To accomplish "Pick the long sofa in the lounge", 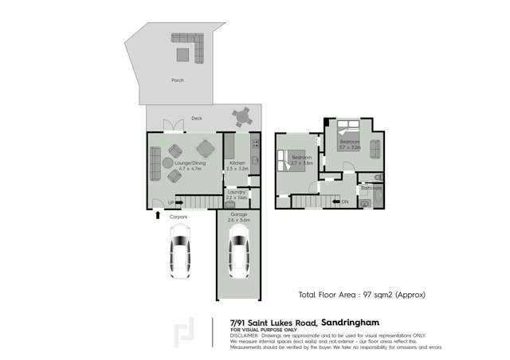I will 154,163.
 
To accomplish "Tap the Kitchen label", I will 237,164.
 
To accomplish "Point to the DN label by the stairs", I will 345,203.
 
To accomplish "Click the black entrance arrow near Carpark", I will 157,215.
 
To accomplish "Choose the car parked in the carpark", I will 180,251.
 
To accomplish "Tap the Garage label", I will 238,215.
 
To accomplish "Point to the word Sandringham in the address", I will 353,323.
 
